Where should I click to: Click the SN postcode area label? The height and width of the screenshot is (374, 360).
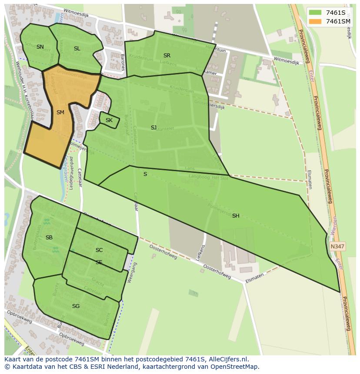tap(40, 47)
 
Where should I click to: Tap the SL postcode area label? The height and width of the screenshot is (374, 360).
tap(77, 49)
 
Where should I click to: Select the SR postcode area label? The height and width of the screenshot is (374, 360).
tap(167, 56)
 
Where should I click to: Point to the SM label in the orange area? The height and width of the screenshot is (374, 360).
tap(60, 113)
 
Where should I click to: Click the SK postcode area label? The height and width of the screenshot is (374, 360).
tap(109, 120)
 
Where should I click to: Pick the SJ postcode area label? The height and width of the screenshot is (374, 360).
tap(153, 128)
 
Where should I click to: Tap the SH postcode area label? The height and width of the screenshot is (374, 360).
tap(236, 216)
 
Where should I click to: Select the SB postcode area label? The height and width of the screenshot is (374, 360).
tap(49, 238)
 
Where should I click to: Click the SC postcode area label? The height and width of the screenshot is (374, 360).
tap(99, 250)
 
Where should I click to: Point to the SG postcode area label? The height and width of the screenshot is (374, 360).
tap(76, 306)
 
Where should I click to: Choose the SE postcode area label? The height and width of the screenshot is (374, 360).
tap(99, 262)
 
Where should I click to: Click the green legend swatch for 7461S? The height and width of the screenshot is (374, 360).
tap(315, 13)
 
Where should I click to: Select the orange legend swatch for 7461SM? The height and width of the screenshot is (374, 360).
tap(315, 21)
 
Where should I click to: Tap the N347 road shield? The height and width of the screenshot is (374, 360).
tap(337, 246)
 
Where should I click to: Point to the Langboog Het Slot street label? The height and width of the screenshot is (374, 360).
tap(208, 177)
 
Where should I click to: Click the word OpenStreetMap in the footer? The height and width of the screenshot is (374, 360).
tap(234, 367)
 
